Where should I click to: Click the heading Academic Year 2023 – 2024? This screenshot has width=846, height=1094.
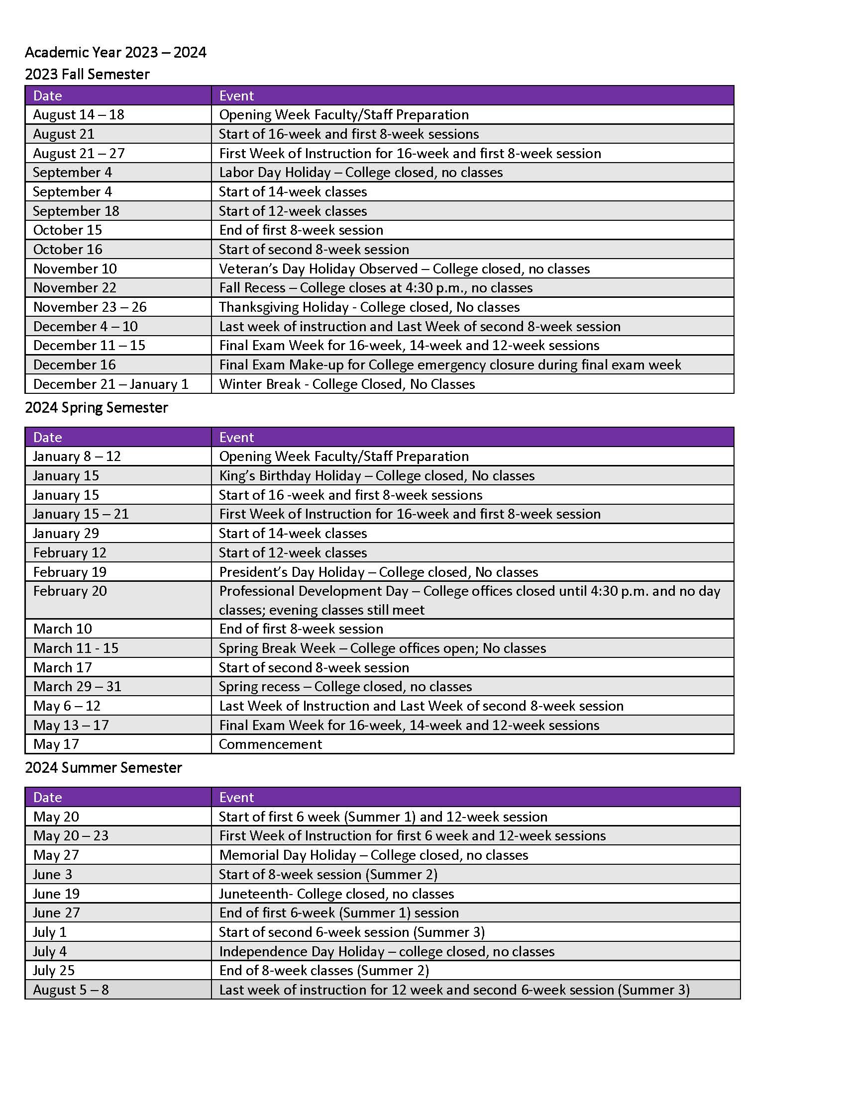click(115, 52)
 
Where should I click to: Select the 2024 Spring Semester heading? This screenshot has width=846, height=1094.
click(96, 407)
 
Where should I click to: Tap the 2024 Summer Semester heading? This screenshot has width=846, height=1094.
click(103, 767)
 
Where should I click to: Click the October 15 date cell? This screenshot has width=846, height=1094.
click(68, 230)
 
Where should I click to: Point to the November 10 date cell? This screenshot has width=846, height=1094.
click(75, 269)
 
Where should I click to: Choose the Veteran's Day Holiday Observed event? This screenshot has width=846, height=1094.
click(404, 269)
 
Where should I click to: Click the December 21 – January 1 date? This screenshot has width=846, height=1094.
click(111, 384)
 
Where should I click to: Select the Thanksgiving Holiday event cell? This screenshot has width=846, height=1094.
click(369, 306)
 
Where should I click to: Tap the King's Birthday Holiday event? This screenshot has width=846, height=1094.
click(376, 475)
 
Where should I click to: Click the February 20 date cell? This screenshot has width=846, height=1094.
click(70, 591)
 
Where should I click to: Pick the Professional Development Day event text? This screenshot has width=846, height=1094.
click(469, 600)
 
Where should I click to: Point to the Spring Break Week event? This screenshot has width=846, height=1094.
click(382, 648)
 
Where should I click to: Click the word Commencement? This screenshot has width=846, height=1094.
click(270, 744)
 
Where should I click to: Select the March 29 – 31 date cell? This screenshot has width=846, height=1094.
click(77, 686)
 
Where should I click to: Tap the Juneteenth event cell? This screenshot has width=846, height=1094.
click(336, 894)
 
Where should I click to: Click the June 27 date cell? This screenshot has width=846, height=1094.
click(56, 912)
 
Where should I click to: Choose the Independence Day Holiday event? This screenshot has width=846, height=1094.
click(386, 951)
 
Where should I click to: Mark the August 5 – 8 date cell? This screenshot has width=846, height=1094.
click(71, 990)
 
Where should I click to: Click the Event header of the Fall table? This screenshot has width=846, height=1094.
click(236, 95)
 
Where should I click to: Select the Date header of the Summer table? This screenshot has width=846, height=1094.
click(48, 798)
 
